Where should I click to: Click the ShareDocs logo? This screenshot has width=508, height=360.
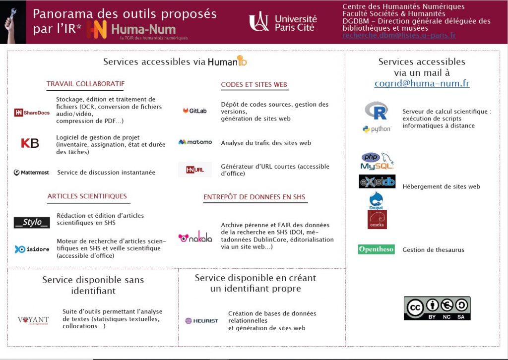tap(32, 113)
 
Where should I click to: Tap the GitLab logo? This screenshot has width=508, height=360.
tap(194, 111)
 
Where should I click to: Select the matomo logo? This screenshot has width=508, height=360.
tap(195, 142)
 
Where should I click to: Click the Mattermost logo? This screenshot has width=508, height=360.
tap(31, 173)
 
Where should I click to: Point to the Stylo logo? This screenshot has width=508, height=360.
tap(32, 222)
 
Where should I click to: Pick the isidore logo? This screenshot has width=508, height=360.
tap(32, 249)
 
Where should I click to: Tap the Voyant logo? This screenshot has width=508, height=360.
tap(33, 320)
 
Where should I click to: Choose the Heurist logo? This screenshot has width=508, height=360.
tap(201, 321)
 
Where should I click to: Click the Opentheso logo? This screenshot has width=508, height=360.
tap(376, 249)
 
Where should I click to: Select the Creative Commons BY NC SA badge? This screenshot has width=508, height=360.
tap(437, 308)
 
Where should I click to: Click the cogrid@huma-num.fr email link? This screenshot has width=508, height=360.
tap(422, 84)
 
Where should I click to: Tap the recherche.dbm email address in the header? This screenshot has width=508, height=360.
tap(399, 36)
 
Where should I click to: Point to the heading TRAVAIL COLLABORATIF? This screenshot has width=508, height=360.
tap(85, 84)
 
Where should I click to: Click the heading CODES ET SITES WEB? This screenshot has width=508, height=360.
tap(254, 85)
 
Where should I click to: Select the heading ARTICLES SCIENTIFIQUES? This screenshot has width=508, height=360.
tap(87, 196)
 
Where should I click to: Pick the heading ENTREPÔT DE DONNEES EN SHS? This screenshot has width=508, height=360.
tap(254, 197)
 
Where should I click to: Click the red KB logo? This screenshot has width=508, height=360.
tap(30, 143)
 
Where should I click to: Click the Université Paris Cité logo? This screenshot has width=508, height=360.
tap(283, 22)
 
